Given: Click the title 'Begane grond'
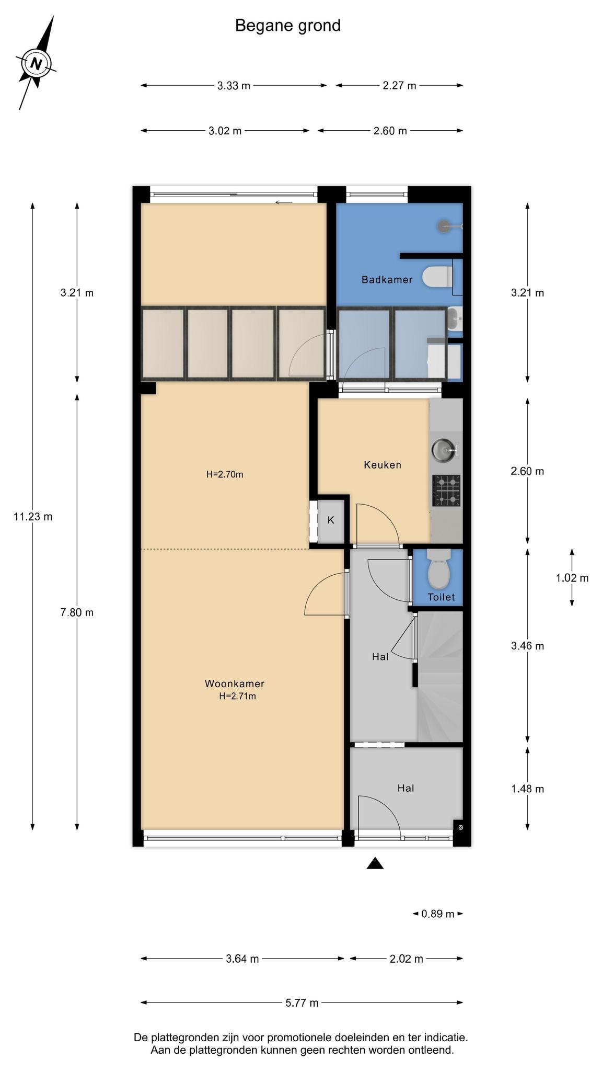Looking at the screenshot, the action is coord(288,26).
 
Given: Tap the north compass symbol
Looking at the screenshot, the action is coord(36,63).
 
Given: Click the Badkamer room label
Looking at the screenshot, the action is coord(387,280).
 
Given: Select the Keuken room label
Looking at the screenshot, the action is coord(383,465).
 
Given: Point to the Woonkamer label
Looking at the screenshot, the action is coord(235,683).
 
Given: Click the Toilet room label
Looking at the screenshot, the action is coord(441,597).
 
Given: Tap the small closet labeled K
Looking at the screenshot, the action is coord(331,520).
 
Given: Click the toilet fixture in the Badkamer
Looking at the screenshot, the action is coord(437,277).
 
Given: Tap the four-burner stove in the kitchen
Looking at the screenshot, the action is coord(446,491).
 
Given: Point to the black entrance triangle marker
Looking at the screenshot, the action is coord(375,863).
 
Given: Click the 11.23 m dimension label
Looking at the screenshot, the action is coord(33,517).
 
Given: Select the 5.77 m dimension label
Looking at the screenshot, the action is coord(302,1002).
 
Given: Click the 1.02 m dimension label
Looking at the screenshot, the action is coord(572,578).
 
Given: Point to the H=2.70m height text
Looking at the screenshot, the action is coord(225,475).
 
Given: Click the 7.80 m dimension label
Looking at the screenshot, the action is coord(77,612).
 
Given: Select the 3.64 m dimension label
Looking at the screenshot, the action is coord(242,959).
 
